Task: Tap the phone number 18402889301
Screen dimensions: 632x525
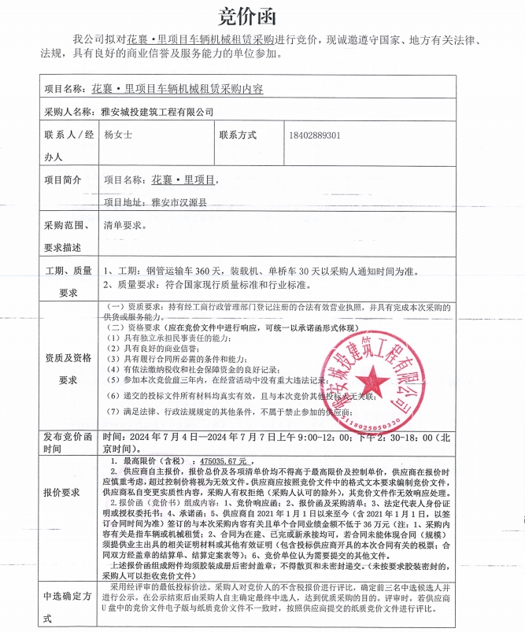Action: tap(315, 135)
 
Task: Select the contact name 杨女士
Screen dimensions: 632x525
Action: tap(118, 135)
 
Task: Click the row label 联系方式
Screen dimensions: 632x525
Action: tap(238, 135)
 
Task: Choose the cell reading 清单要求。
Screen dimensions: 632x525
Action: tap(125, 225)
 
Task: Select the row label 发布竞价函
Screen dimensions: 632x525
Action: tap(68, 436)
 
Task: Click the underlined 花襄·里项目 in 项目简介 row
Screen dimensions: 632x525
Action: tap(183, 179)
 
